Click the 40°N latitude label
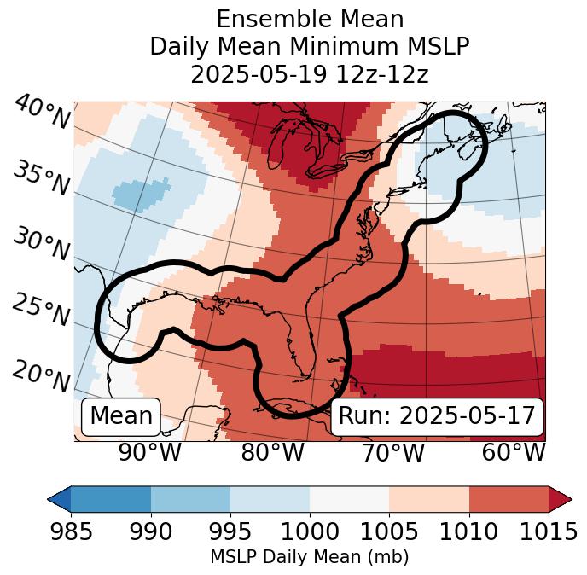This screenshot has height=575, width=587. point(42,113)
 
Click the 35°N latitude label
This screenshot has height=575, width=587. point(40,177)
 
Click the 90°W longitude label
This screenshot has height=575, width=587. point(150,453)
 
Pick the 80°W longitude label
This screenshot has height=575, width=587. point(272,453)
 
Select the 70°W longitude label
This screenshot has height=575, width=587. point(392,453)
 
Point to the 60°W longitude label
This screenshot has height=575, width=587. point(514,453)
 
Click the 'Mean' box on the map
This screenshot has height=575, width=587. point(121,416)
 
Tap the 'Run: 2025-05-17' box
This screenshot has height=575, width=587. point(437,416)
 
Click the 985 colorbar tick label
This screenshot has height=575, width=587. point(71,531)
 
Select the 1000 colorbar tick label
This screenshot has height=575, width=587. point(310,531)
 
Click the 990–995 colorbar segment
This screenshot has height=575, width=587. point(190,499)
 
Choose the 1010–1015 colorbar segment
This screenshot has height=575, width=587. point(509,499)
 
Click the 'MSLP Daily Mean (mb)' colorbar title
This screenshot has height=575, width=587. point(309,558)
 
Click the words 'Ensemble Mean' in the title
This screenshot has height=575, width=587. point(310,20)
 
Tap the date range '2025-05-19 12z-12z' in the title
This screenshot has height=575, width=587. point(310,74)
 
